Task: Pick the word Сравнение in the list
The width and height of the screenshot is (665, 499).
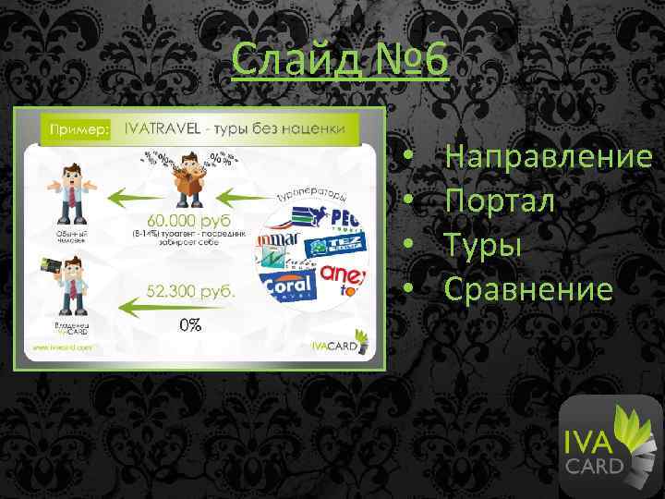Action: point(528,289)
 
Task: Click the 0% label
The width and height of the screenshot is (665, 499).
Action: point(191,325)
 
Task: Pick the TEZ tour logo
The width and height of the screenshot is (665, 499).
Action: point(329,244)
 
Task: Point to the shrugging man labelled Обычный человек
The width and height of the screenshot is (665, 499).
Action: point(71,189)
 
